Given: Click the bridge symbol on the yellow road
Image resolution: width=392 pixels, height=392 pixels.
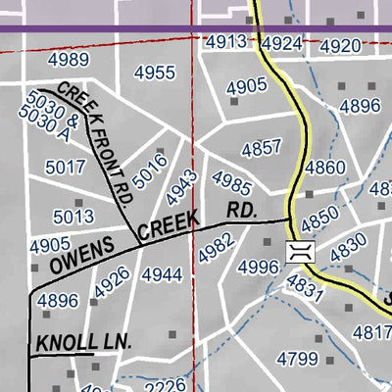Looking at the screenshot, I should click(x=298, y=251).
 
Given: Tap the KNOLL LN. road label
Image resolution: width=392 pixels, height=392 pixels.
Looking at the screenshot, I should click(x=83, y=342).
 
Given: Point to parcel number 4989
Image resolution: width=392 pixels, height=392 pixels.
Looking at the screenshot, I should click(x=68, y=60).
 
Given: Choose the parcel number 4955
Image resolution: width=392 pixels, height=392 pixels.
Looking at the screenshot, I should click(x=155, y=73).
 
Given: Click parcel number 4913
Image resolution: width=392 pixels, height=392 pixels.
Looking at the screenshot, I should click(x=225, y=41).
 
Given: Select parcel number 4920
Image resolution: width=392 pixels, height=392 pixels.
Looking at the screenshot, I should click(x=340, y=46).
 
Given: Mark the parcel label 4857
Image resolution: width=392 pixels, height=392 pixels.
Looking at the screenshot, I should click(x=262, y=149).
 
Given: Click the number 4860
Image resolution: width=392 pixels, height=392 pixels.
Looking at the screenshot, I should click(x=324, y=168).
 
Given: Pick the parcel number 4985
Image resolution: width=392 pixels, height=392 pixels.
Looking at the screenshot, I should click(x=231, y=182).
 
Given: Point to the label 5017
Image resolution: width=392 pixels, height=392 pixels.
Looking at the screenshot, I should click(x=66, y=168).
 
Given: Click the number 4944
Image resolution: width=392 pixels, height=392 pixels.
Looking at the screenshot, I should click(x=162, y=275).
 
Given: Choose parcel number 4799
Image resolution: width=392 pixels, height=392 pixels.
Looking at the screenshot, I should click(x=297, y=360).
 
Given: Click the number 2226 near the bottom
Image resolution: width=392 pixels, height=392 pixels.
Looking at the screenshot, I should click(x=164, y=386).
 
